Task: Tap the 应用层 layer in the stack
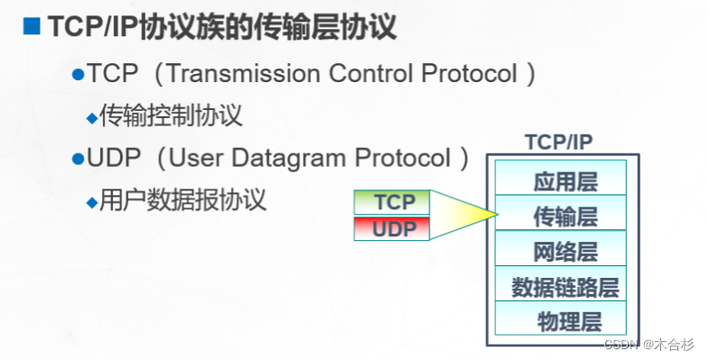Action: point(565,180)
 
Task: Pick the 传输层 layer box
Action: point(565,216)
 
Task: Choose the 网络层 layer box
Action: point(565,251)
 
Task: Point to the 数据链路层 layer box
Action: point(565,286)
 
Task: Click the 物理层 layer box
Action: point(565,320)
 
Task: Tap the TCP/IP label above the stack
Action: point(558,142)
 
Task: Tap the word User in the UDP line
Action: point(196,159)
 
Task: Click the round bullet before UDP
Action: point(78,160)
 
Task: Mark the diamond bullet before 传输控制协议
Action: point(90,117)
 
